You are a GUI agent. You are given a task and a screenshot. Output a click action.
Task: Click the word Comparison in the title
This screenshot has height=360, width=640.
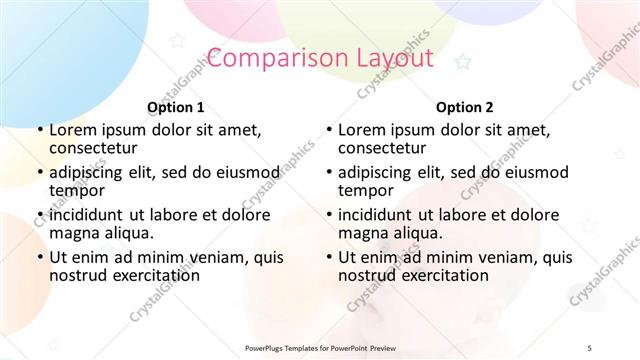pos(268,58)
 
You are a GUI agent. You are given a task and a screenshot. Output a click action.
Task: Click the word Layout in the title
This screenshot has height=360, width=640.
pos(387,58)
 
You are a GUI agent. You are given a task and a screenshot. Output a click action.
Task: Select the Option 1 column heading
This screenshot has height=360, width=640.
pos(176,107)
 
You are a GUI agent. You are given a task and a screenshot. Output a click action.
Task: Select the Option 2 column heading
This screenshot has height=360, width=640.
pos(464,107)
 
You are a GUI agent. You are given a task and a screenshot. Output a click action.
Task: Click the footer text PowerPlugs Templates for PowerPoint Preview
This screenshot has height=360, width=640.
pos(319,347)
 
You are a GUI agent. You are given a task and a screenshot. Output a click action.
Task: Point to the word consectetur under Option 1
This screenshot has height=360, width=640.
pos(93,148)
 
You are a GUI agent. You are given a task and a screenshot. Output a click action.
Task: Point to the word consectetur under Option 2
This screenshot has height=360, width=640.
pos(381,148)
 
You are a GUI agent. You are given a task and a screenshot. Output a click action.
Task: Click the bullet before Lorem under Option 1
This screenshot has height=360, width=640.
pos(38,130)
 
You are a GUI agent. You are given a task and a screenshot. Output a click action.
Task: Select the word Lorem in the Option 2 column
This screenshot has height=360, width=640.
pos(360,130)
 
